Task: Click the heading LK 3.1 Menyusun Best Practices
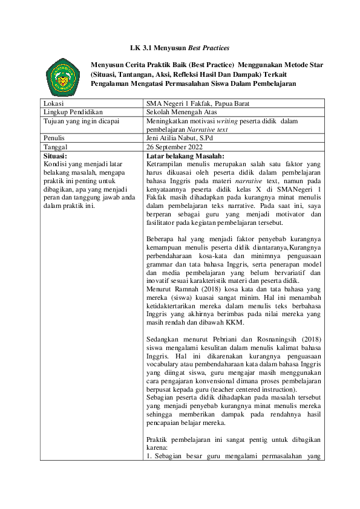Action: (180, 47)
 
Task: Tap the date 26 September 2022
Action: (174, 146)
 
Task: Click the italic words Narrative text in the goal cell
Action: (207, 129)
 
